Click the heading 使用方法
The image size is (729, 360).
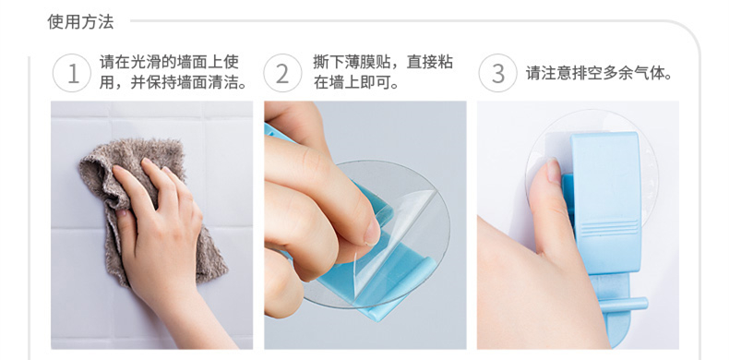click(80, 21)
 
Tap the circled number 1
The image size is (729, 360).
click(72, 74)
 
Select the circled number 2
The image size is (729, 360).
click(282, 74)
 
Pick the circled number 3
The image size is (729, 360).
click(498, 74)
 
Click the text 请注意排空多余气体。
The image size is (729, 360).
click(600, 74)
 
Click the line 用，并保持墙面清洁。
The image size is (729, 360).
click(173, 83)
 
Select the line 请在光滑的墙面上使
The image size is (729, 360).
click(169, 62)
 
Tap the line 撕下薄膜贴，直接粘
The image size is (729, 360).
click(383, 62)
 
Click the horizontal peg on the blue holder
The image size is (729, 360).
click(624, 305)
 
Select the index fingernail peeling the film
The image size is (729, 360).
click(373, 232)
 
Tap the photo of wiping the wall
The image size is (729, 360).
click(151, 225)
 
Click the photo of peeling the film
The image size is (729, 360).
click(365, 225)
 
